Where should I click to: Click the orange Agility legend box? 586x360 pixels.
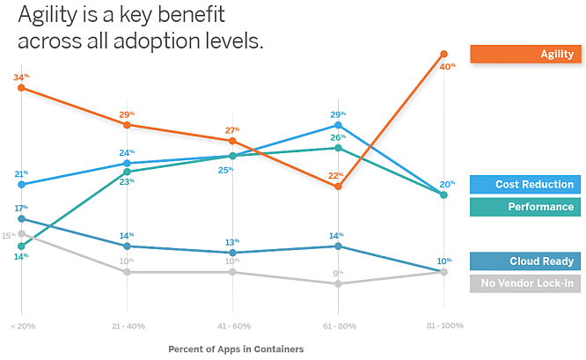525,54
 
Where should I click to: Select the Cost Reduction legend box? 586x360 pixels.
525,184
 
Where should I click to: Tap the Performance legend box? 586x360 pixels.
525,207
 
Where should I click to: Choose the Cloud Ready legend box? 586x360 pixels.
525,261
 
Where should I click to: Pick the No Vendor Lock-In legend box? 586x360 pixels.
525,283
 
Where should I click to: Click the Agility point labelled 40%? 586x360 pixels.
443,55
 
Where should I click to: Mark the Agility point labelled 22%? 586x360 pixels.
338,187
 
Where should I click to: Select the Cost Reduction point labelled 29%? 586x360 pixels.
338,125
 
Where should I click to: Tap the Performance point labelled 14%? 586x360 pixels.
21,246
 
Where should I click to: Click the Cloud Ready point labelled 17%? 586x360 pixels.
21,218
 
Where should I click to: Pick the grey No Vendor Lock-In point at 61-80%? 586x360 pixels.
338,283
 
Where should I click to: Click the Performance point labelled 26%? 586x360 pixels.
338,148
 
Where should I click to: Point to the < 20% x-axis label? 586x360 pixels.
21,326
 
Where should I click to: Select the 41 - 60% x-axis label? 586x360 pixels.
232,326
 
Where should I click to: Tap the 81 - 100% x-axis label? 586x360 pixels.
443,326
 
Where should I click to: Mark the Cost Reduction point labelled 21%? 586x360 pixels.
21,184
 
